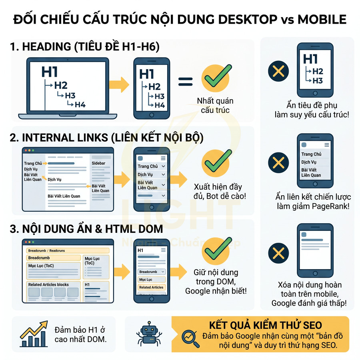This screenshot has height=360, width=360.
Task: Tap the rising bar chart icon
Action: [33, 334]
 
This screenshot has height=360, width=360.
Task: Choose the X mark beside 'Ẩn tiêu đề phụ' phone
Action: [278, 72]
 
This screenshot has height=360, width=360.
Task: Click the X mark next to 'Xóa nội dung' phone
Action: [278, 253]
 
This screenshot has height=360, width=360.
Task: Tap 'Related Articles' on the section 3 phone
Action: [151, 287]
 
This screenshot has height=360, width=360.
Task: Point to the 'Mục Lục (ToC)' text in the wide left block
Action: [41, 266]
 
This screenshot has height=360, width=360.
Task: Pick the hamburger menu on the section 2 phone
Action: [162, 158]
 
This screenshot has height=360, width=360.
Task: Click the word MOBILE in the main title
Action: [322, 19]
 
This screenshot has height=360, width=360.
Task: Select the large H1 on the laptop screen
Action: [50, 72]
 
